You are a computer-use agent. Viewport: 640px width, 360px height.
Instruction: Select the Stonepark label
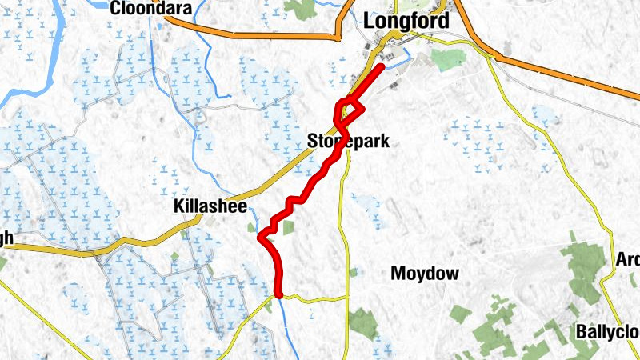click(348, 142)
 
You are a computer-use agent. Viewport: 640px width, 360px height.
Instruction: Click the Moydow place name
click(425, 274)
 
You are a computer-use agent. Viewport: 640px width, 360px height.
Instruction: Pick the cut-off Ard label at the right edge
click(627, 260)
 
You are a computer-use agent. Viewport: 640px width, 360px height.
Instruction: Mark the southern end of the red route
click(279, 294)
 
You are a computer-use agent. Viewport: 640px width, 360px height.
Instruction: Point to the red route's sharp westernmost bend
click(261, 236)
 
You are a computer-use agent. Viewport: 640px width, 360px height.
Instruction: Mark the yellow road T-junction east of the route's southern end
click(347, 298)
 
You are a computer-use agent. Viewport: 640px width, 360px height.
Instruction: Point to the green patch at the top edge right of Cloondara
click(302, 8)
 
